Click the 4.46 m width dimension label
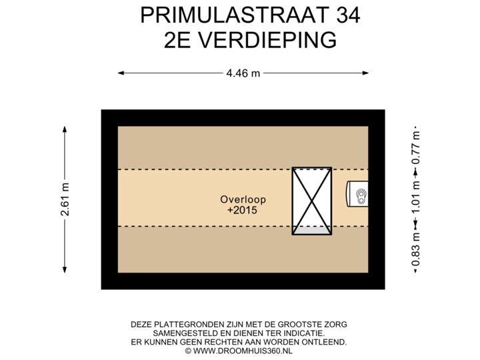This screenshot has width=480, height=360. point(242,73)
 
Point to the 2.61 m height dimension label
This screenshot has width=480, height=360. point(65,199)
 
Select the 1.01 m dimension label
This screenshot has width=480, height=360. point(415,198)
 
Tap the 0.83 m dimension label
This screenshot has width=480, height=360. point(415,249)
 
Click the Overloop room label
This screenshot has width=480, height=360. point(238,199)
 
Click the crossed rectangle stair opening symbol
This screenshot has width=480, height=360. point(311,201)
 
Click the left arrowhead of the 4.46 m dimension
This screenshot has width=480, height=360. point(120,73)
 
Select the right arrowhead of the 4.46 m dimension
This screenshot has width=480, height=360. point(367,73)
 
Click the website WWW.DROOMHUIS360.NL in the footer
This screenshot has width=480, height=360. point(243,350)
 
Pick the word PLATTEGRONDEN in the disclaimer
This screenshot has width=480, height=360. point(184,325)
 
